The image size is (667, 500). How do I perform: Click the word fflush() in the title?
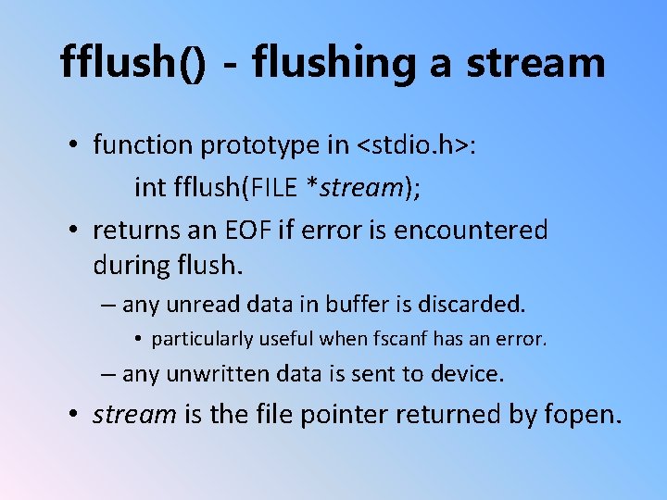click(x=132, y=62)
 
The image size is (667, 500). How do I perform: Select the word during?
click(x=130, y=266)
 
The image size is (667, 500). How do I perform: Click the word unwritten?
click(x=212, y=374)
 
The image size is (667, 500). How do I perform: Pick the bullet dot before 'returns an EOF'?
click(x=71, y=230)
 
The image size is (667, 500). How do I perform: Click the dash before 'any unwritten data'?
click(x=108, y=374)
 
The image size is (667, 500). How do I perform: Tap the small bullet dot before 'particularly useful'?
click(x=137, y=339)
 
